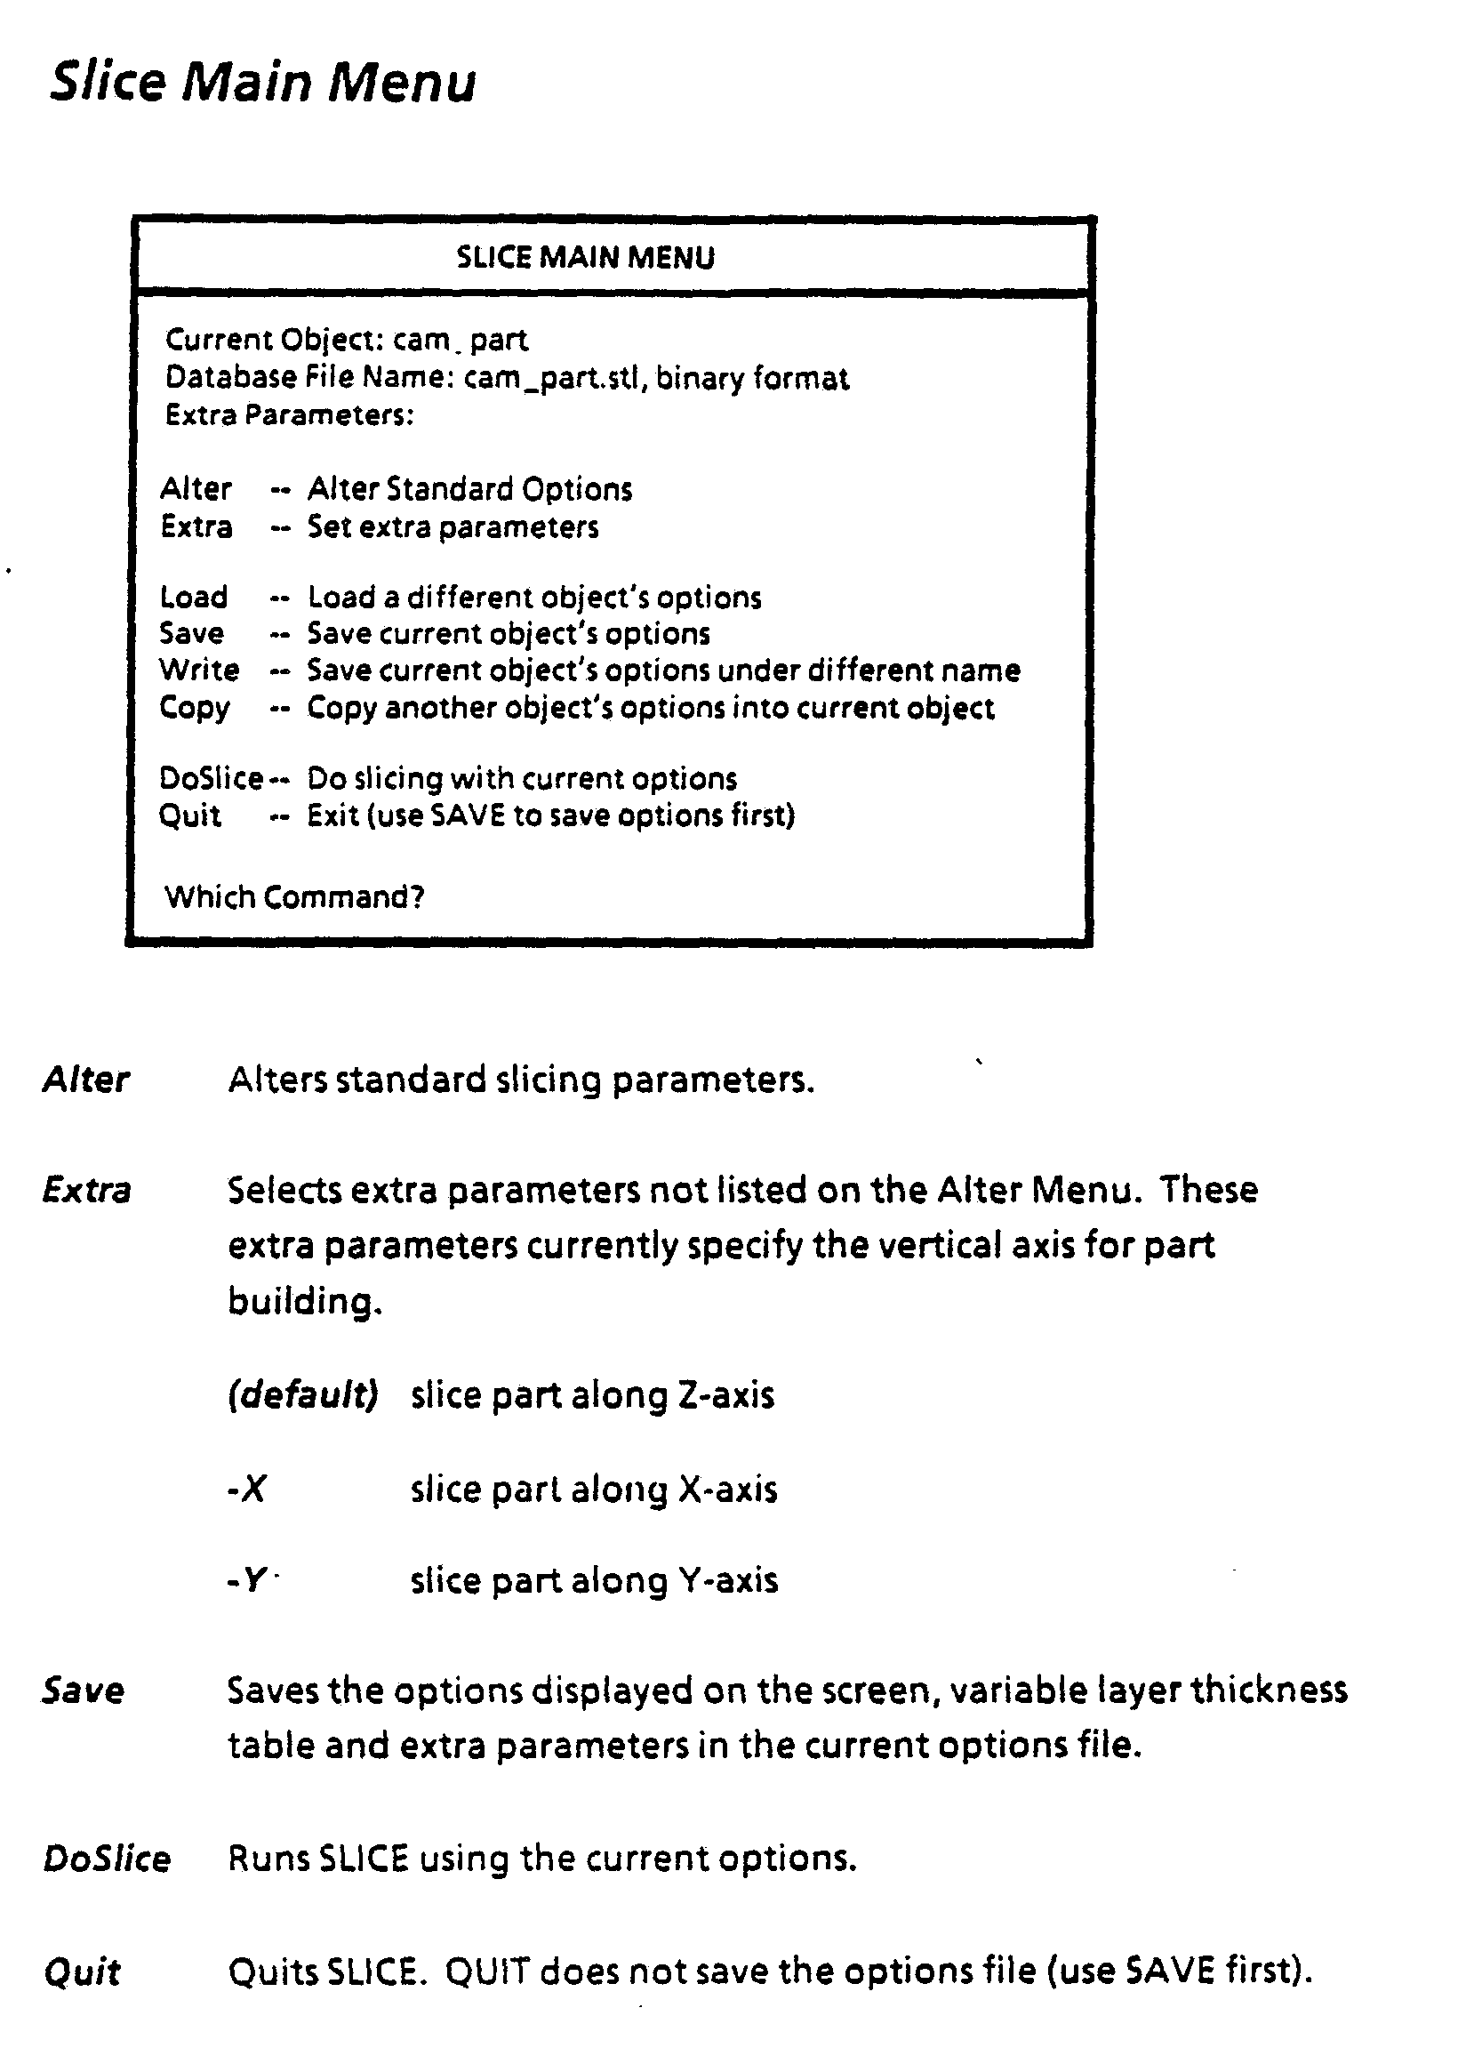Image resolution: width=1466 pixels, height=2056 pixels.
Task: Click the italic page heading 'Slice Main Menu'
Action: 261,82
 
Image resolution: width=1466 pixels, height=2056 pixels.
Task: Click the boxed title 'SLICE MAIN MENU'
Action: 585,258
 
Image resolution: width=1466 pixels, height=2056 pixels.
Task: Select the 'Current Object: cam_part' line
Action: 346,341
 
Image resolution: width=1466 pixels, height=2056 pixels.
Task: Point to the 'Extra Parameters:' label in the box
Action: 289,415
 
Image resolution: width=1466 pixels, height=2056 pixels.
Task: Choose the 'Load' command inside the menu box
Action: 193,598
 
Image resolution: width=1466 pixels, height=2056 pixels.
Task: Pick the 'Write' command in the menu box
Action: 198,671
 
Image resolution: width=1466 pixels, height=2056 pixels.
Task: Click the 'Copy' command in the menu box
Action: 194,708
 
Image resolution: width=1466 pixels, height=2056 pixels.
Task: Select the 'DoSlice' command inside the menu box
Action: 211,778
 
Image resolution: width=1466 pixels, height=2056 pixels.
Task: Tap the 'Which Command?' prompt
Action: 294,897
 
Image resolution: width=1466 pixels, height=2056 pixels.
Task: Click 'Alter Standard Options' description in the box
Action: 469,489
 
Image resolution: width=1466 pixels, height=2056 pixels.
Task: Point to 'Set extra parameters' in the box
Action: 453,527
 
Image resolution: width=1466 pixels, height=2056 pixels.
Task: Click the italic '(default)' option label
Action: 302,1395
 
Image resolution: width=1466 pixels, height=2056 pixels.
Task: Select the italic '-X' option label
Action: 246,1489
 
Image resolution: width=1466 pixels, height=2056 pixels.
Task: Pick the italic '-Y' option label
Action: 246,1580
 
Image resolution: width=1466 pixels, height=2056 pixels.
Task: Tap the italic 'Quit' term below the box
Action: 81,1972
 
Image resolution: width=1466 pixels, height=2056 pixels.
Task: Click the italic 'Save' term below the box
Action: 83,1691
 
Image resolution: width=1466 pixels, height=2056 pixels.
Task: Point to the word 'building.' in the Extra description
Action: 305,1302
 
